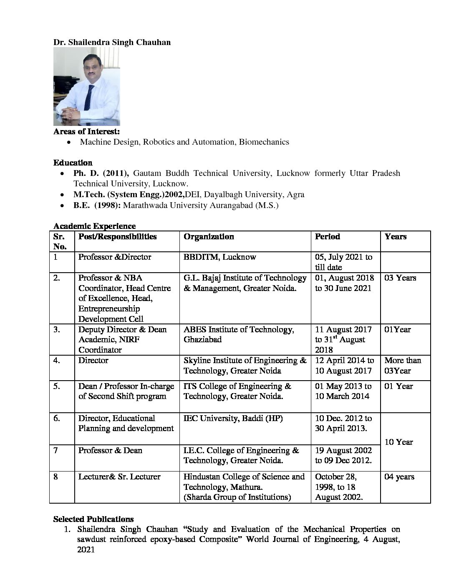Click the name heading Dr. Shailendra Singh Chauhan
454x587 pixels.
[x=112, y=42]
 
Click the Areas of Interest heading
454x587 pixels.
[x=86, y=132]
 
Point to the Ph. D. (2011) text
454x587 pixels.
[x=101, y=173]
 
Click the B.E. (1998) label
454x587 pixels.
[x=97, y=205]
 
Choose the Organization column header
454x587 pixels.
[x=209, y=237]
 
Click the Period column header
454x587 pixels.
[x=328, y=237]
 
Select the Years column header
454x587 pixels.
[x=396, y=237]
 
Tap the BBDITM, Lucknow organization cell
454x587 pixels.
[x=220, y=257]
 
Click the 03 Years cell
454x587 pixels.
[x=400, y=278]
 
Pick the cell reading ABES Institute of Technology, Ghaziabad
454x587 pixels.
[x=239, y=334]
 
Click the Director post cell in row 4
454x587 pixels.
[x=93, y=361]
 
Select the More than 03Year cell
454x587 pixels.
[x=402, y=366]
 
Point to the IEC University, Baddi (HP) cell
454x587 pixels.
[x=233, y=418]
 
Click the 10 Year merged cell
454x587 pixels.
[x=399, y=442]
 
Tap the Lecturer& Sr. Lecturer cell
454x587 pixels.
[x=119, y=477]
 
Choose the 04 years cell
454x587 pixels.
[x=399, y=477]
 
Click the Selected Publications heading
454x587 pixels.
[x=93, y=519]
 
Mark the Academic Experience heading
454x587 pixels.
[x=94, y=226]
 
